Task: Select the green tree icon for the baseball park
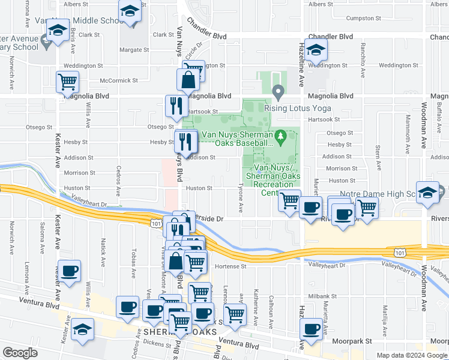280,138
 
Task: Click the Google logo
20,353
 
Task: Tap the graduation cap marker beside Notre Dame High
427,193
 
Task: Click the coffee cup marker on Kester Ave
69,271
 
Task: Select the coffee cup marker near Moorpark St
312,329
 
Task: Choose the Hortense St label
226,266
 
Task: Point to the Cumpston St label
360,19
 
